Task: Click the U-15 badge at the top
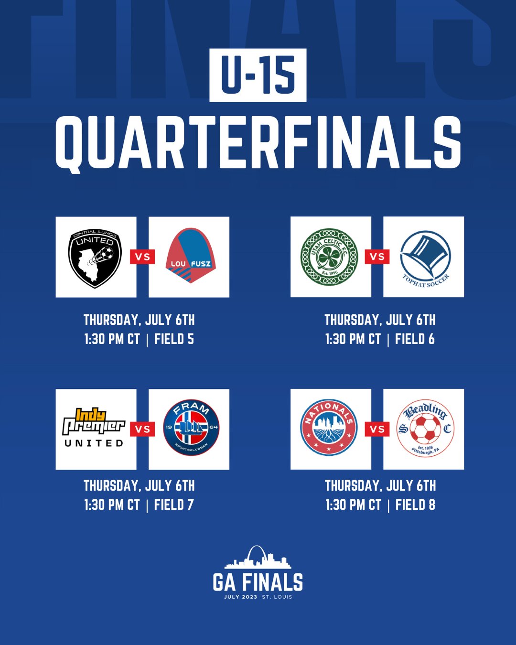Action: [x=258, y=75]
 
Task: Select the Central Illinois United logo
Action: [x=95, y=258]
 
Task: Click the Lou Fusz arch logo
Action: [x=190, y=255]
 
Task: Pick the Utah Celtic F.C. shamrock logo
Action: [x=329, y=257]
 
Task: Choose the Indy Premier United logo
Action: [x=94, y=428]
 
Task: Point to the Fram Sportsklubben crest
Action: [x=191, y=428]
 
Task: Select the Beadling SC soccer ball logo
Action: [x=425, y=428]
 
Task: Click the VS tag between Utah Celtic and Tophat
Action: [x=377, y=257]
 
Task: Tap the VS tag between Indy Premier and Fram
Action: [x=142, y=429]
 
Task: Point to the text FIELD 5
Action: [x=174, y=339]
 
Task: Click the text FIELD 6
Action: [x=415, y=339]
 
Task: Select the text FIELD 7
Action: [x=174, y=505]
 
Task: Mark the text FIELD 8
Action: [x=415, y=505]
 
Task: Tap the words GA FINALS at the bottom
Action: [x=258, y=582]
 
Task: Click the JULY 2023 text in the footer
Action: [x=240, y=597]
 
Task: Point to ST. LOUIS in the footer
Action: [x=277, y=597]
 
